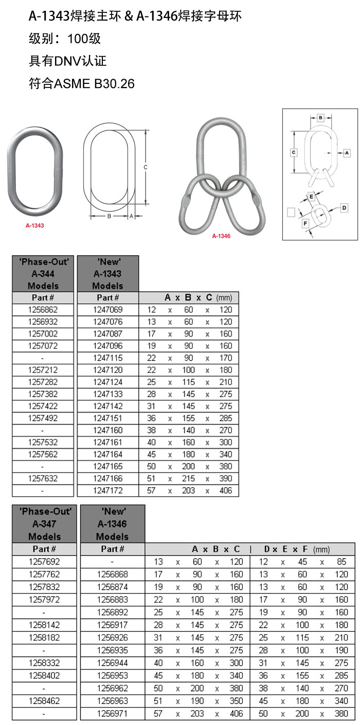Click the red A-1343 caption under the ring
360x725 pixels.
[x=34, y=225]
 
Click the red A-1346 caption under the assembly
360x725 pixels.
[x=221, y=236]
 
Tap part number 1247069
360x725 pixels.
[x=108, y=310]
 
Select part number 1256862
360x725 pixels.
[x=43, y=310]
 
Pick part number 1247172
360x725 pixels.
[x=108, y=490]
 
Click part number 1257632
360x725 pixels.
[x=43, y=479]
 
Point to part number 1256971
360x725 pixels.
[x=112, y=714]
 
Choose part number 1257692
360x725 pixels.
[x=45, y=561]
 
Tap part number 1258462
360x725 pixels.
[x=45, y=701]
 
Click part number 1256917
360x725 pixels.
[x=112, y=625]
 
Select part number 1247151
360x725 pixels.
[x=108, y=418]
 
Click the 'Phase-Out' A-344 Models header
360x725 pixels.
[x=43, y=274]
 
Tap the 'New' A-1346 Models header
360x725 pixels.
[x=112, y=524]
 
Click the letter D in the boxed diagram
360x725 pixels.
[x=345, y=207]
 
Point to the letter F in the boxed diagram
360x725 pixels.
[x=305, y=223]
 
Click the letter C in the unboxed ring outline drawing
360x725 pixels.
[x=146, y=167]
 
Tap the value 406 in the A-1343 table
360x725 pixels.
[x=226, y=490]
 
